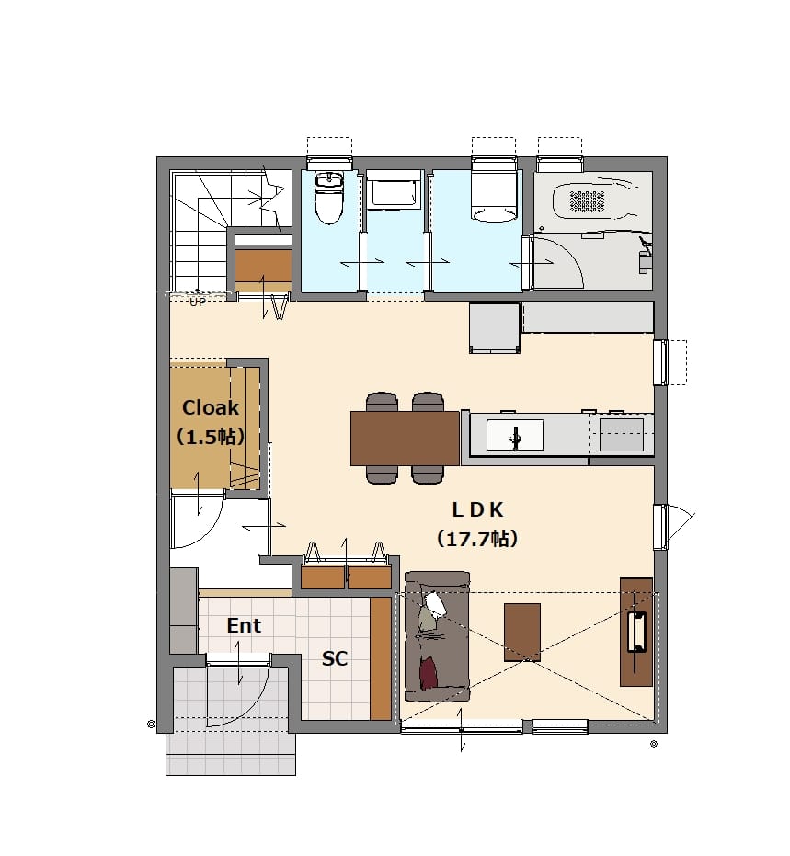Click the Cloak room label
click(211, 407)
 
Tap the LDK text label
click(477, 510)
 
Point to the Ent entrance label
click(244, 625)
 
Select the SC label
click(335, 658)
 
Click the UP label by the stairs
click(197, 302)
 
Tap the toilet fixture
click(328, 198)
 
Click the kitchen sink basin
click(515, 435)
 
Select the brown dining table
click(405, 439)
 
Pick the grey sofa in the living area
click(438, 636)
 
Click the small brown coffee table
click(522, 633)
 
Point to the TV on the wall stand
click(636, 633)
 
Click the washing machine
click(393, 190)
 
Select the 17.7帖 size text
click(476, 539)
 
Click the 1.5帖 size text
click(211, 437)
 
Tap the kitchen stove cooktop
click(622, 434)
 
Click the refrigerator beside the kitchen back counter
click(494, 327)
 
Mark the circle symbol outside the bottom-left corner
click(151, 725)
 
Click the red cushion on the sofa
click(429, 674)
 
